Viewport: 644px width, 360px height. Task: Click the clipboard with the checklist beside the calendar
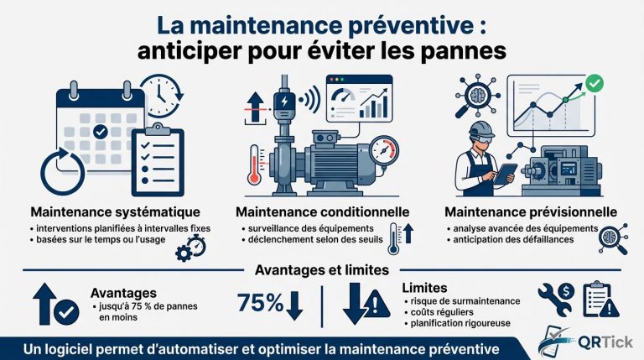pos(158,156)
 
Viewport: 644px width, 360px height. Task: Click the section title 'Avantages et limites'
pos(322,271)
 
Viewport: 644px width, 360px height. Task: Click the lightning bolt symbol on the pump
pos(282,102)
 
